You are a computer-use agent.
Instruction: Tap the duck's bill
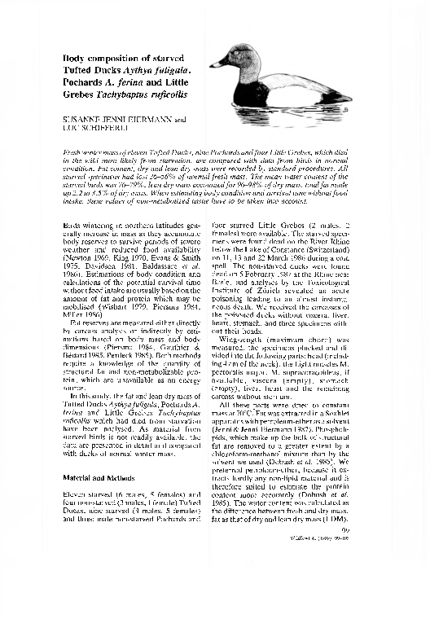(x=215, y=64)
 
